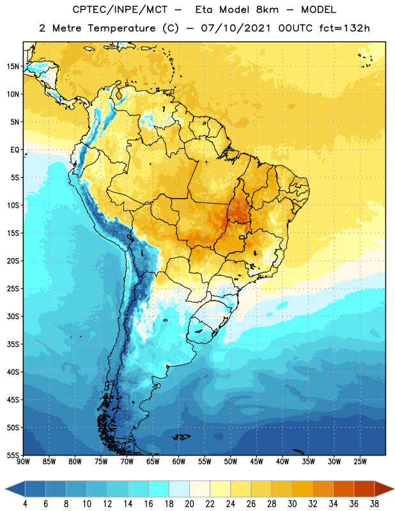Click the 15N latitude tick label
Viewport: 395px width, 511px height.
(13, 66)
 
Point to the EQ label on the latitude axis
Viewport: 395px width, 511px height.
(15, 150)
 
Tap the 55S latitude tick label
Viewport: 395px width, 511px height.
(13, 455)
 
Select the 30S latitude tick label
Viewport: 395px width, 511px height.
(13, 316)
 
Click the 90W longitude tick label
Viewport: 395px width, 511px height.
(23, 461)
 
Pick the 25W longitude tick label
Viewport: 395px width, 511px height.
(360, 461)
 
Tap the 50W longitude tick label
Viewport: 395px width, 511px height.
(231, 461)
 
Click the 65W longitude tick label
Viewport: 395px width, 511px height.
(153, 461)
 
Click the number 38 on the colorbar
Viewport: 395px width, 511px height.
(375, 504)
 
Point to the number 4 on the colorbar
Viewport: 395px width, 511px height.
(25, 504)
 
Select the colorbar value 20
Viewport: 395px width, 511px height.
(189, 504)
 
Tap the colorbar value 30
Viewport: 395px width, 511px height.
(292, 504)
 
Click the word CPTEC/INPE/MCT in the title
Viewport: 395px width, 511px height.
(120, 10)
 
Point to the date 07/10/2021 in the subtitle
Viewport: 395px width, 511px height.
(236, 28)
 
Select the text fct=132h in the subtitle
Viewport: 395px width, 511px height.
(345, 28)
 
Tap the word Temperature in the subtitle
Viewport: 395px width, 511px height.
(121, 29)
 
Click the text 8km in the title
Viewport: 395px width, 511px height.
(267, 10)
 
